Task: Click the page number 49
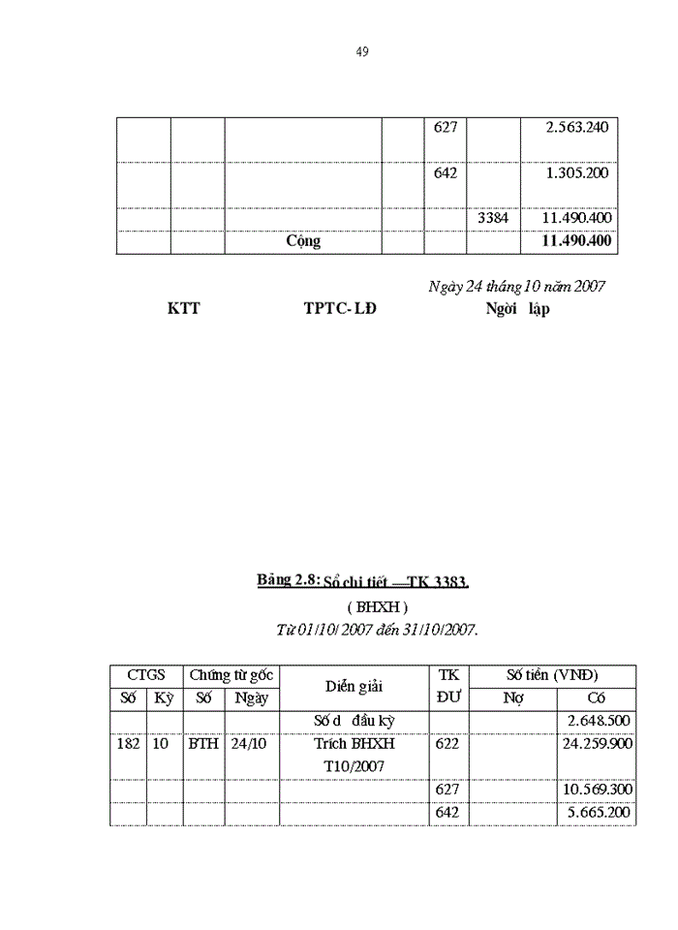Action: [x=362, y=51]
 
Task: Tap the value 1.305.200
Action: [x=577, y=173]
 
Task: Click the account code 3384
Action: [x=493, y=219]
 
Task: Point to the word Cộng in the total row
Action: [x=303, y=242]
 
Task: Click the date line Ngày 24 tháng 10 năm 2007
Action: [x=517, y=287]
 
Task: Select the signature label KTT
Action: [x=184, y=310]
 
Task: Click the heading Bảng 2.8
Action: [x=288, y=580]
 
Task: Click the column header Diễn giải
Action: [x=354, y=686]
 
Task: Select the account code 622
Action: [x=447, y=745]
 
